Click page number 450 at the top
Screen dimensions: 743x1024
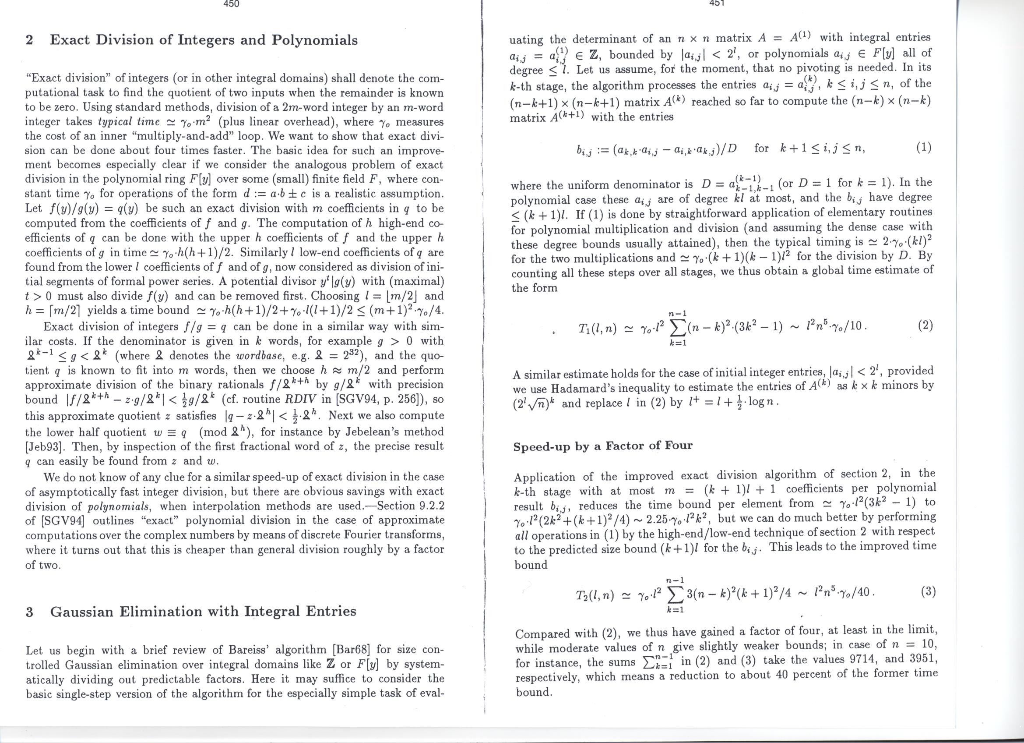click(231, 4)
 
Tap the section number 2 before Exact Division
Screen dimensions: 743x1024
click(29, 41)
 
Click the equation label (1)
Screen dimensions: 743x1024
click(924, 148)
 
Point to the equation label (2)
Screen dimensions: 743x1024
click(925, 326)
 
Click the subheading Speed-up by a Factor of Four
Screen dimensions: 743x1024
click(603, 446)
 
